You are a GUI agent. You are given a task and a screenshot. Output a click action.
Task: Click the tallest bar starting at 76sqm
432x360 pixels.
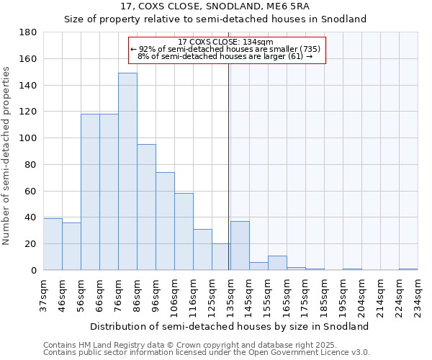pyautogui.click(x=127, y=171)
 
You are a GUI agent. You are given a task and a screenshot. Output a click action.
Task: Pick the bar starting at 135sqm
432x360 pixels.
pyautogui.click(x=240, y=246)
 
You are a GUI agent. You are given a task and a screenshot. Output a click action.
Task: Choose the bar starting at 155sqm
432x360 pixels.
pyautogui.click(x=277, y=263)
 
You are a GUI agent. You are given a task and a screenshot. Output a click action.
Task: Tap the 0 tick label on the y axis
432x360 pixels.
pyautogui.click(x=34, y=270)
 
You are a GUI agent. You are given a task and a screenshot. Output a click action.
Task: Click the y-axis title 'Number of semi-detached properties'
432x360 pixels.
pyautogui.click(x=7, y=156)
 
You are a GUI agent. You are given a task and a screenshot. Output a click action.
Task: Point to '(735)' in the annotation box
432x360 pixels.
pyautogui.click(x=310, y=49)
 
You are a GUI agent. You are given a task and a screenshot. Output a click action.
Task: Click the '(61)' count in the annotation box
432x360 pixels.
pyautogui.click(x=295, y=56)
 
